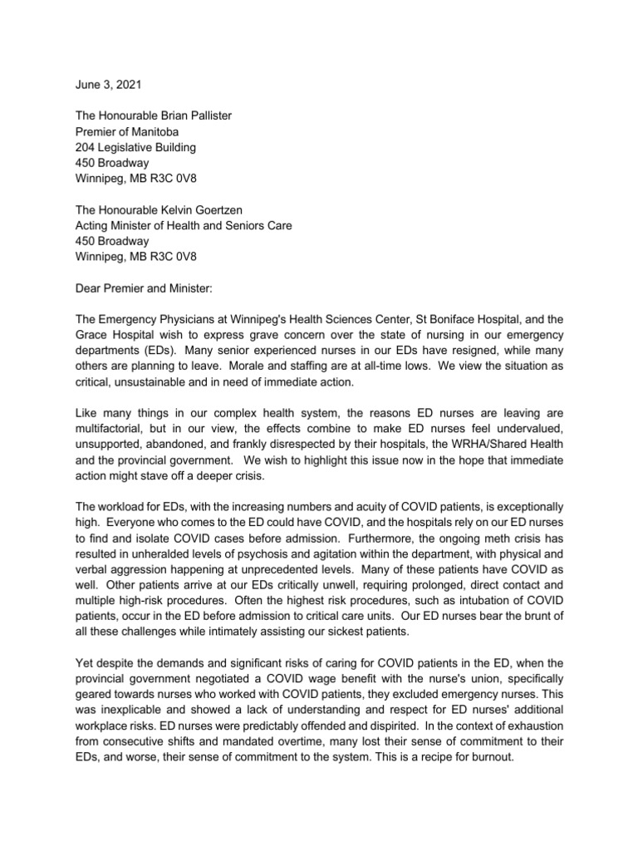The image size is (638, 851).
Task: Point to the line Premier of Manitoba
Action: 122,131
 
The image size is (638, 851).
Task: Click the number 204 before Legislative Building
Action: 76,147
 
